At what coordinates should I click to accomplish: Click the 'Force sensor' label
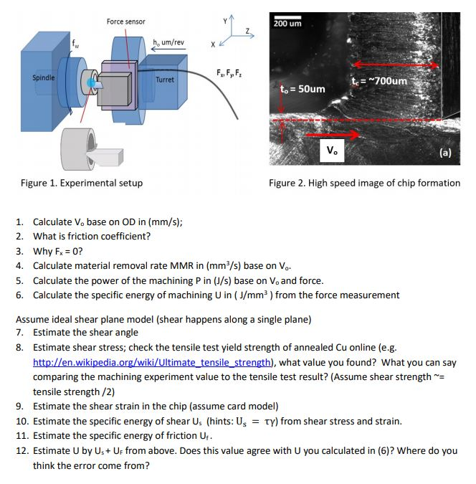(125, 22)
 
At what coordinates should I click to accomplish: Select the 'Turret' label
(165, 80)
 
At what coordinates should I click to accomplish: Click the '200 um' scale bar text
(288, 24)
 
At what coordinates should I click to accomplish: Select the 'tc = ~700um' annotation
(380, 80)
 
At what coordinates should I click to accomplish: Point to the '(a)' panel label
(444, 152)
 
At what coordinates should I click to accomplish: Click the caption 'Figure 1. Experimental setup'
(82, 183)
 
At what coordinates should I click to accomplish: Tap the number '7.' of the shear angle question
(20, 333)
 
